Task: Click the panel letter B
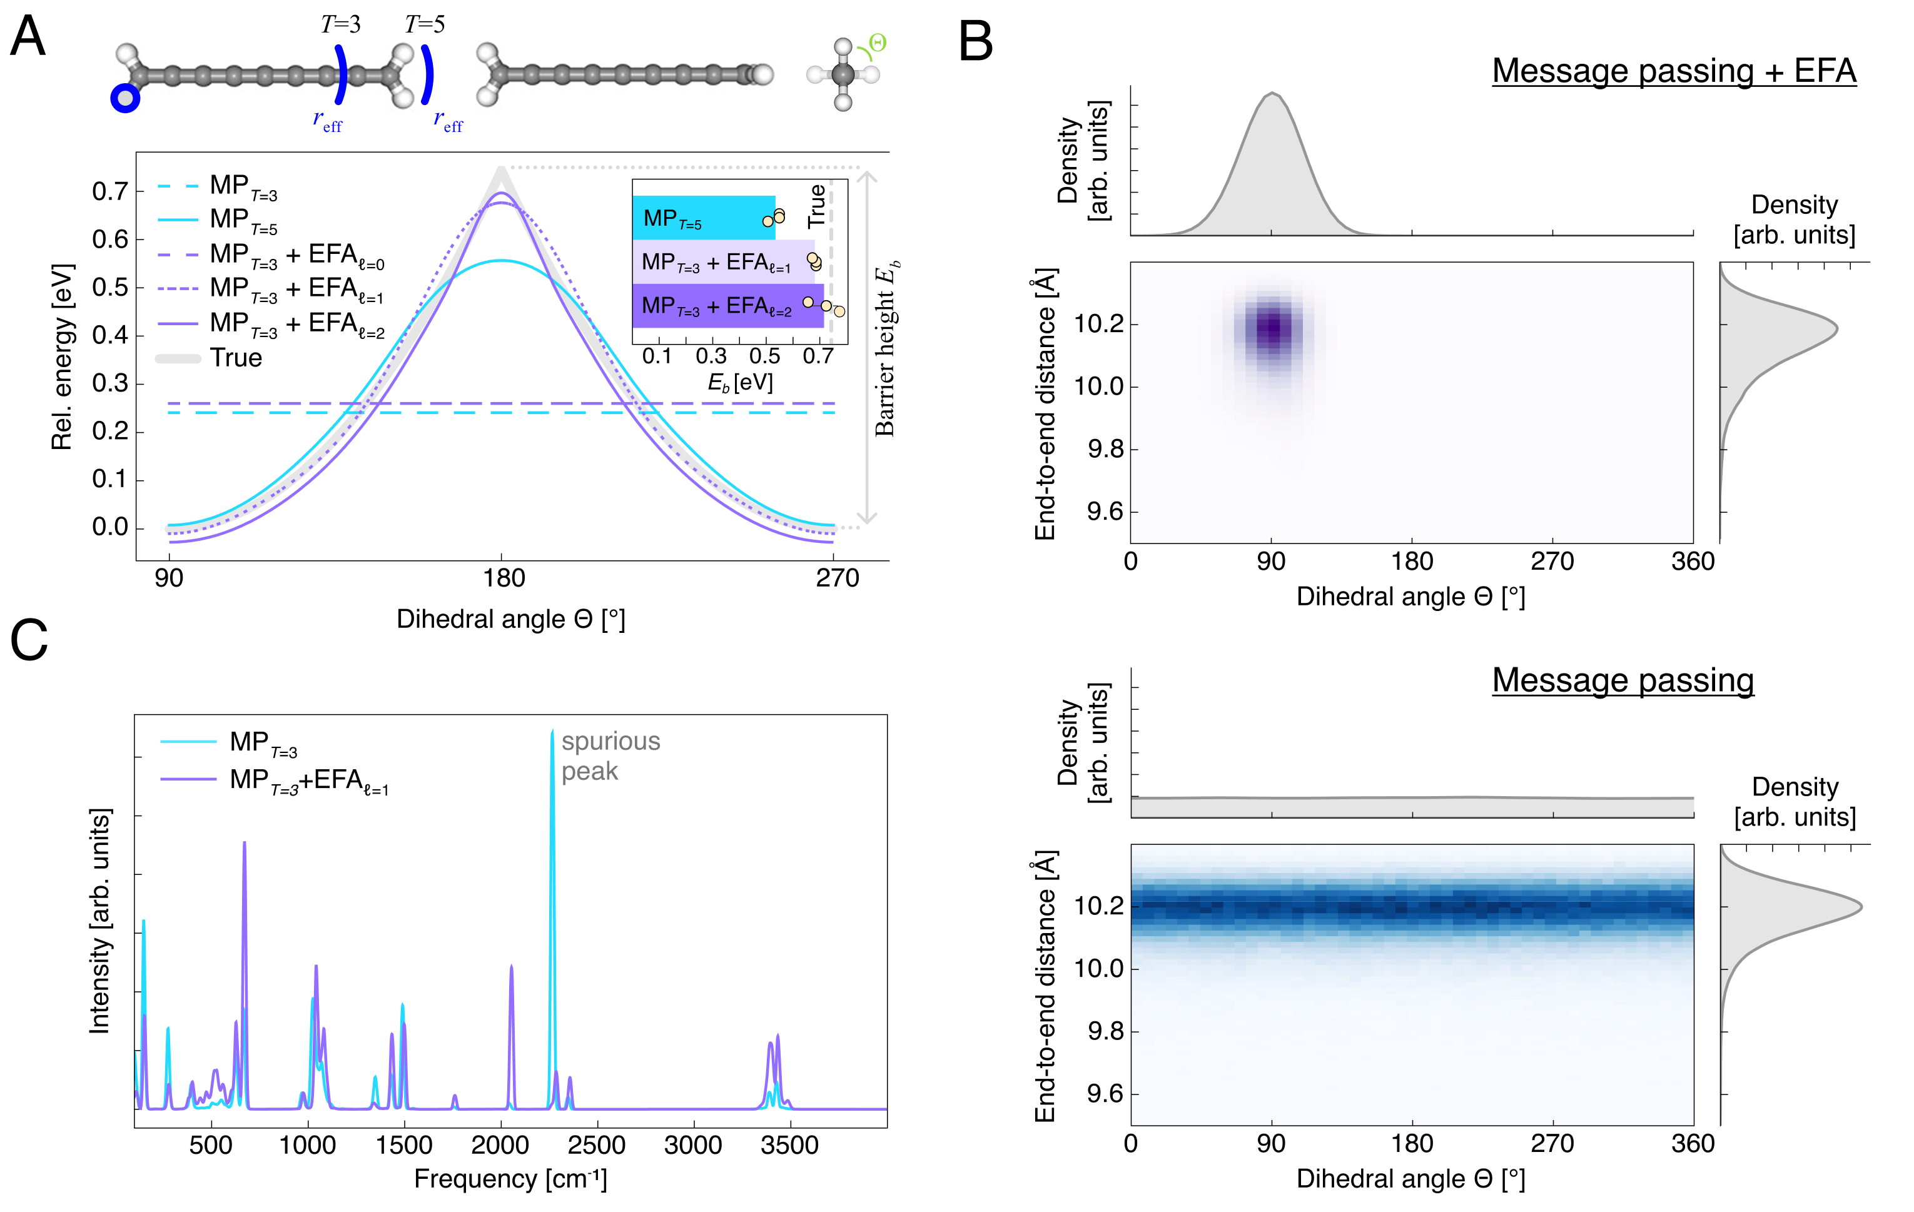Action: click(x=975, y=41)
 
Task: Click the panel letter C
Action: click(x=29, y=640)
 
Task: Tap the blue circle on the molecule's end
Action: click(x=125, y=99)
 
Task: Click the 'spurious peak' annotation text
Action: click(x=610, y=756)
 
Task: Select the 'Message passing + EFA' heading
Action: click(x=1673, y=71)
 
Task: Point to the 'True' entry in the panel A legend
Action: click(x=235, y=358)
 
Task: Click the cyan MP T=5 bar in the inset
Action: click(x=704, y=218)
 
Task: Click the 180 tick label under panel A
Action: click(x=503, y=578)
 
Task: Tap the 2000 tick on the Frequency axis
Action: click(x=500, y=1145)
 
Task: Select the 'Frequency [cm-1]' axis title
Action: click(x=510, y=1179)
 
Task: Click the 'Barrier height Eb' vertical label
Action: click(x=886, y=350)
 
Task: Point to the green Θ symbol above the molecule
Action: click(x=878, y=42)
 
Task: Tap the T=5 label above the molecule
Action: click(x=425, y=24)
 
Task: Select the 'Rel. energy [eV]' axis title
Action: click(x=62, y=357)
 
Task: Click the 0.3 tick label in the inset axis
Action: click(x=711, y=356)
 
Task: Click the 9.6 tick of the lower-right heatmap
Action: click(x=1105, y=1094)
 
